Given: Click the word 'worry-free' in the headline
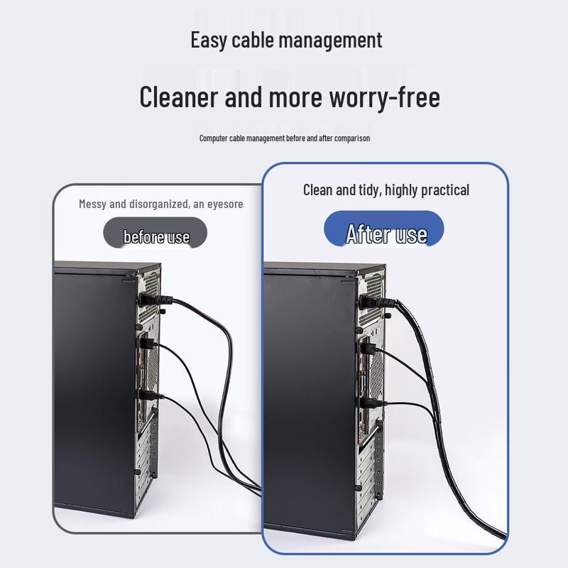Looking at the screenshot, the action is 385,97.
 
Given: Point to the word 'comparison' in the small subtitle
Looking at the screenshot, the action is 352,138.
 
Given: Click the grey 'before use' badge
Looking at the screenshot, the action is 155,233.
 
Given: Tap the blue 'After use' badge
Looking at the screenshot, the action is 384,229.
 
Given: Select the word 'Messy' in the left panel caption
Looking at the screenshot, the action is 93,204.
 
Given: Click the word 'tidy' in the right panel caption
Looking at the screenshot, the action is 369,190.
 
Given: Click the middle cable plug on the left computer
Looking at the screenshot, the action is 149,344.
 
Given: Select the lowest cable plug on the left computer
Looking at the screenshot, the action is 151,395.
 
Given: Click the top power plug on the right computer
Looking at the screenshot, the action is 378,302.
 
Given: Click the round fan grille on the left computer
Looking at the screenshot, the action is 153,366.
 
